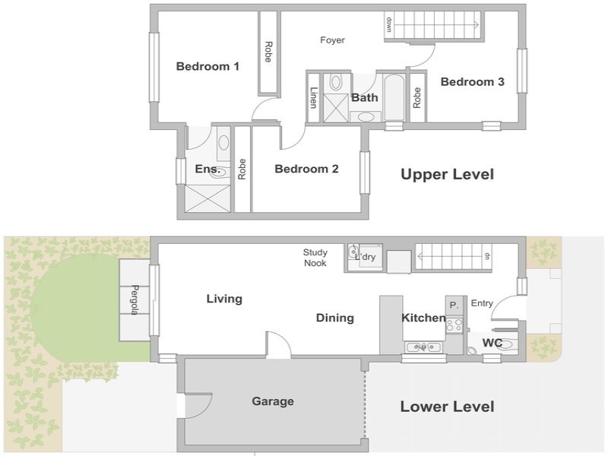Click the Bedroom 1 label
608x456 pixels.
point(207,66)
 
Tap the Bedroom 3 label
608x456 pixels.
point(472,82)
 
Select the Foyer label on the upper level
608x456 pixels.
point(332,40)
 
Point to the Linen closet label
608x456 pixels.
point(313,97)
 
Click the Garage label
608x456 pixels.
point(273,401)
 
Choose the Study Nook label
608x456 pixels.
point(315,258)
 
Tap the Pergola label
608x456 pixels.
point(135,299)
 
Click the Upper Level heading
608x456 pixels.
point(447,174)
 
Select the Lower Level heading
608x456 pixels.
point(447,407)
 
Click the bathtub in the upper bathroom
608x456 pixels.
point(394,97)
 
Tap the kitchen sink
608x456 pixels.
point(423,347)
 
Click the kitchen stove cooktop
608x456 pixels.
point(454,325)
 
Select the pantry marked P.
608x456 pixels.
point(454,306)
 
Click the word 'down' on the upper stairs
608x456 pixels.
point(389,24)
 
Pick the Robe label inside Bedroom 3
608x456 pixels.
point(416,98)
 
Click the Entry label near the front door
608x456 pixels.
point(482,303)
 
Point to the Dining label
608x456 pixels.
point(335,318)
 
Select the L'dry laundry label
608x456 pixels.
point(366,257)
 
